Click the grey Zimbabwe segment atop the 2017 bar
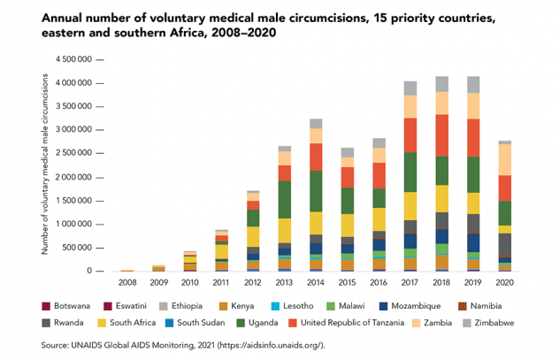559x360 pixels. (x=410, y=88)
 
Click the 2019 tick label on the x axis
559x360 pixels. (x=471, y=282)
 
